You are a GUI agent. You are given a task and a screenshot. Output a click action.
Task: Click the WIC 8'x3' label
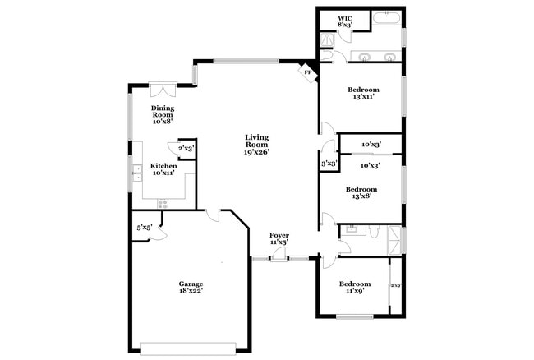(345, 22)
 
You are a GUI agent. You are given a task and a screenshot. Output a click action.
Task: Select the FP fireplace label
(308, 72)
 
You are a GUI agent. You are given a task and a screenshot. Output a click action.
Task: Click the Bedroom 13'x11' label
(362, 93)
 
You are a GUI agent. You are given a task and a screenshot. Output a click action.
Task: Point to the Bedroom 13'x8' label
(362, 192)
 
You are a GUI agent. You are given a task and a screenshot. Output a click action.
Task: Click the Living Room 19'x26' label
(257, 145)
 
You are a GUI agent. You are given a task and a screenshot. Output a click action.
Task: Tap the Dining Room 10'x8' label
(161, 114)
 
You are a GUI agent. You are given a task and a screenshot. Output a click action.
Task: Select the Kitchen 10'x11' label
(163, 169)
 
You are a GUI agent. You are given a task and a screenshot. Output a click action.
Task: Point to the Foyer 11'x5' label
(279, 239)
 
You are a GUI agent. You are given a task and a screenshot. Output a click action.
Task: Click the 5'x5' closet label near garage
(145, 228)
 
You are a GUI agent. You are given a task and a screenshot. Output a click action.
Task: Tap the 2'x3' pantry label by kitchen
(186, 148)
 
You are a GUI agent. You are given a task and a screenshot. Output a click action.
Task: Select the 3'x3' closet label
(329, 164)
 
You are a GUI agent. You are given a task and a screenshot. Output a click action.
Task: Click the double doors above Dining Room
(161, 86)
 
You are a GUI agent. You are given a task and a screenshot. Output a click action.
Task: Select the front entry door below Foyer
(280, 256)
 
